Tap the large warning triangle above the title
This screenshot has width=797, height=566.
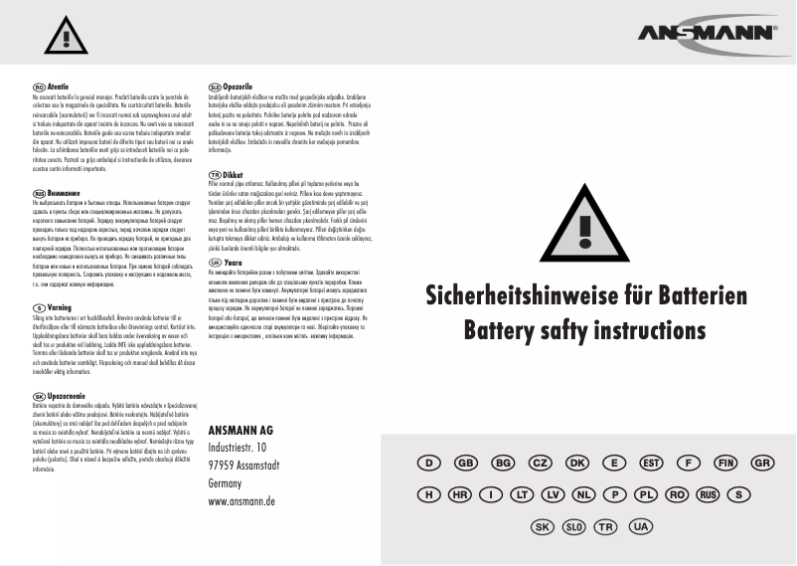(x=593, y=234)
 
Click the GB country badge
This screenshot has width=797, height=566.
(x=465, y=464)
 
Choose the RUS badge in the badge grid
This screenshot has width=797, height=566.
(x=707, y=494)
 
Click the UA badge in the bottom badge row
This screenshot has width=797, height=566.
(x=640, y=525)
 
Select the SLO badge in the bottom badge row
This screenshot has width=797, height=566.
(x=574, y=525)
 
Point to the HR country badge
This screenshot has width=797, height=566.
(x=460, y=494)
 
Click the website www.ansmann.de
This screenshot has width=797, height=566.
(x=242, y=501)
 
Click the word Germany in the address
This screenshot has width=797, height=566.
(x=226, y=482)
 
